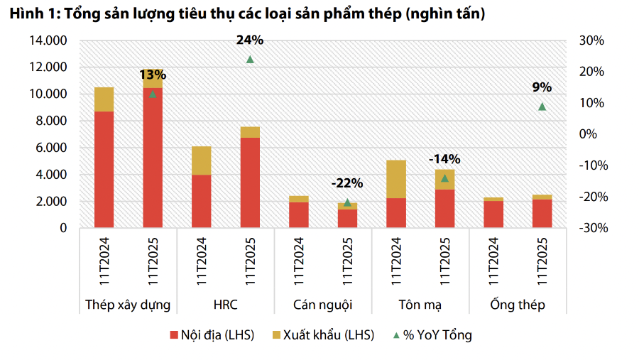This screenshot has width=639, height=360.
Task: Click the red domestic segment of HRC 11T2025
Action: coord(250,182)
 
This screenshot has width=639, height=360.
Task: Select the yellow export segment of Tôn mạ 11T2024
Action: coord(396,179)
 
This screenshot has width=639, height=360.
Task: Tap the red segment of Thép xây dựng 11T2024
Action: coord(104,170)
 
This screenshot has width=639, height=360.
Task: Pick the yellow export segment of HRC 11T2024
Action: coord(201,160)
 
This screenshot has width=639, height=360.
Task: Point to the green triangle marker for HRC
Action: coord(250,60)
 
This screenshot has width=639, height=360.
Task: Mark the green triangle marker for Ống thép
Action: coord(542,107)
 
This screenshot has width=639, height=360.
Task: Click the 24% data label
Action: coord(250,40)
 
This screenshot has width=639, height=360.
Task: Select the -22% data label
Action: coord(347,183)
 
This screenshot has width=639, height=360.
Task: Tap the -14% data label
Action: coord(444,159)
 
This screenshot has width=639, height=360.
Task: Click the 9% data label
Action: coord(542,87)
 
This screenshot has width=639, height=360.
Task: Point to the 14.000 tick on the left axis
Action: coord(49,40)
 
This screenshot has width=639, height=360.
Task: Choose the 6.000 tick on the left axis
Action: coord(52,148)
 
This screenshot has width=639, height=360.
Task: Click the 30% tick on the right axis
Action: coord(591,40)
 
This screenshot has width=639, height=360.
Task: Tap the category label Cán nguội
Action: coord(322,305)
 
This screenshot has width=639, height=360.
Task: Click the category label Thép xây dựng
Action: coord(128,305)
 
